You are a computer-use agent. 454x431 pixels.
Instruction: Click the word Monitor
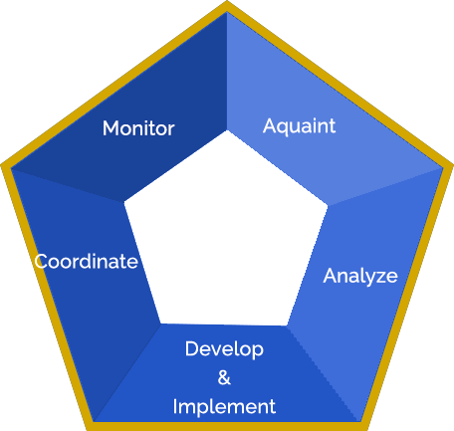(138, 128)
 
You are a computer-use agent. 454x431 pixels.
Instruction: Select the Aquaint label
(299, 126)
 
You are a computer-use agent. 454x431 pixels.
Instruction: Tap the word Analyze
(360, 276)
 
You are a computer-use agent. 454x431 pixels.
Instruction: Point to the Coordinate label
(86, 261)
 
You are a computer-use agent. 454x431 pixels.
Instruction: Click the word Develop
(224, 349)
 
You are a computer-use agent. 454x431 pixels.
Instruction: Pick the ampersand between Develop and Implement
(224, 377)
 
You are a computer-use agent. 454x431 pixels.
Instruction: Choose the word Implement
(224, 407)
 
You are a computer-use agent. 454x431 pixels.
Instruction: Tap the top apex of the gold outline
(227, 2)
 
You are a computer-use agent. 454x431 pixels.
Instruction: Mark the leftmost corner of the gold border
(2, 165)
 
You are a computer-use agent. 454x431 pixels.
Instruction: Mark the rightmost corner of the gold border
(452, 165)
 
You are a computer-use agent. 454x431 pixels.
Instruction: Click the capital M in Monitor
(111, 128)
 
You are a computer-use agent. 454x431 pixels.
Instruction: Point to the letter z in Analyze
(378, 278)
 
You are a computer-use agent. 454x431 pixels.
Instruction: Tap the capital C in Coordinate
(41, 261)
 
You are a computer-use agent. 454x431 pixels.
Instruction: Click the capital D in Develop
(191, 348)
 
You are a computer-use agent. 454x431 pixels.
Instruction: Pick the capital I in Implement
(175, 406)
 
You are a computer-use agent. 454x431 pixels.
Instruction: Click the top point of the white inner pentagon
(227, 130)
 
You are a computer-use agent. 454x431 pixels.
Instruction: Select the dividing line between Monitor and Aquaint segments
(227, 71)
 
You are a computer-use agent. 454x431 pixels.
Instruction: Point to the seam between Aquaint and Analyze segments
(385, 187)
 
